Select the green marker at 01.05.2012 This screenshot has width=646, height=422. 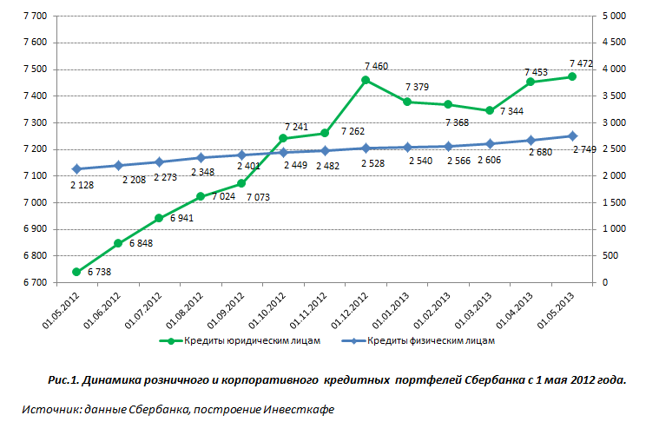(76, 272)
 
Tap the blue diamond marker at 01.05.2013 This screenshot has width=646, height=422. (571, 135)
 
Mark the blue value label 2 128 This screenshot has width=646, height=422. (83, 184)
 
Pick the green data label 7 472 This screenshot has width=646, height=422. (581, 63)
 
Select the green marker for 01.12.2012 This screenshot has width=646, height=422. (366, 80)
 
